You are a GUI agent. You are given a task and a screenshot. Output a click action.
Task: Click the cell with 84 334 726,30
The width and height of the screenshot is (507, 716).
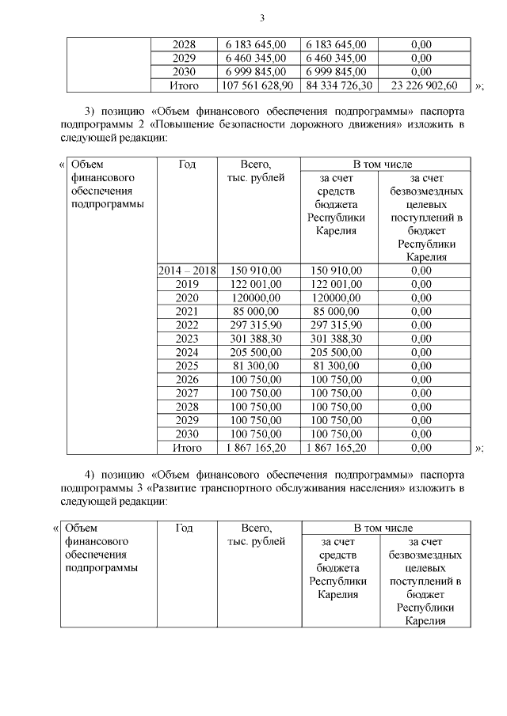pyautogui.click(x=338, y=85)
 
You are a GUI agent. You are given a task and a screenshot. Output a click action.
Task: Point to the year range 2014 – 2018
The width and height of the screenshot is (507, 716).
pyautogui.click(x=187, y=271)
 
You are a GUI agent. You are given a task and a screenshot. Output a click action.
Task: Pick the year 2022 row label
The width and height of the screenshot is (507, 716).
pyautogui.click(x=187, y=325)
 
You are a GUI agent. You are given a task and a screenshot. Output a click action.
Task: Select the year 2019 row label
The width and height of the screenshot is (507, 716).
pyautogui.click(x=187, y=284)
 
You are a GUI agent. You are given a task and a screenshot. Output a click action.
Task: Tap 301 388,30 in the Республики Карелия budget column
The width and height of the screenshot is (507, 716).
pyautogui.click(x=338, y=339)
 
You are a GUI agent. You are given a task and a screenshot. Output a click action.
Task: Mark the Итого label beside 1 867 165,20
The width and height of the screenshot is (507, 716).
pyautogui.click(x=187, y=448)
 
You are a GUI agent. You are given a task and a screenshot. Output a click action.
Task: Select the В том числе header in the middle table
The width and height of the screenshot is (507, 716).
pyautogui.click(x=383, y=164)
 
